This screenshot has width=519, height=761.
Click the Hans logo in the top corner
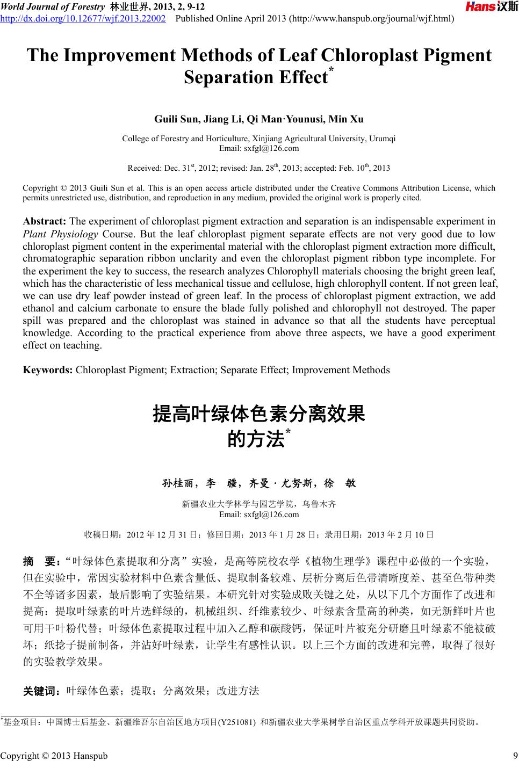click(x=491, y=7)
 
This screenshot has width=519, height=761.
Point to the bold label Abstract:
click(x=45, y=221)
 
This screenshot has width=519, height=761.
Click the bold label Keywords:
click(x=48, y=370)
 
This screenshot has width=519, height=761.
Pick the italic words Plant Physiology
click(x=60, y=234)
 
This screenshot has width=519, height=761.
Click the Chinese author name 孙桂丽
click(x=178, y=483)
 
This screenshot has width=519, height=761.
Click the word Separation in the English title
click(x=228, y=78)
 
